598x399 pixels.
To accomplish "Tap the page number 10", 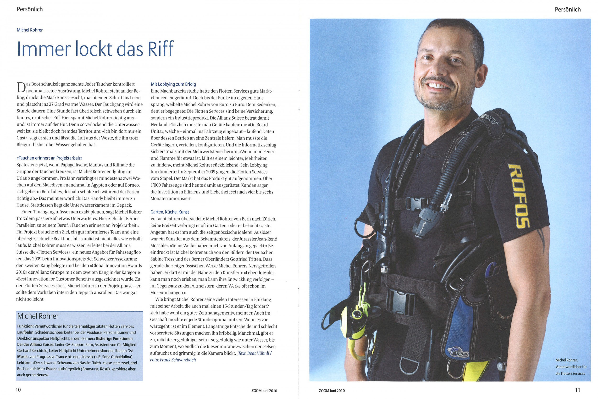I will pos(18,390).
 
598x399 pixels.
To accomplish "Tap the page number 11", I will pos(577,390).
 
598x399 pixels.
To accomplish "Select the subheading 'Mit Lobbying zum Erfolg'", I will pos(173,84).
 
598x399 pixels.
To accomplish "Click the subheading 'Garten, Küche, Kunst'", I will pos(170,212).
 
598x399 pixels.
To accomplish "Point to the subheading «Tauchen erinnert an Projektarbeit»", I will pos(49,158).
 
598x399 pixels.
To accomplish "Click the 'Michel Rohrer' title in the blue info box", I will pos(38,316).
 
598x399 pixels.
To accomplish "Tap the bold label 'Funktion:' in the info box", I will pos(25,327).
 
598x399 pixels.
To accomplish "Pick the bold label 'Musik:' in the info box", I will pos(23,357).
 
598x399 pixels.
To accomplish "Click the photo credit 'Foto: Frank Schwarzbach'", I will pos(173,360).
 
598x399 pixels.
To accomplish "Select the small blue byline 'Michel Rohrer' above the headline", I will pos(29,30).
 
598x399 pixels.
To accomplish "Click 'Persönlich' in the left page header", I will pos(29,9).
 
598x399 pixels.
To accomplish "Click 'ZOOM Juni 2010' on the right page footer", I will pos(332,391).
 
